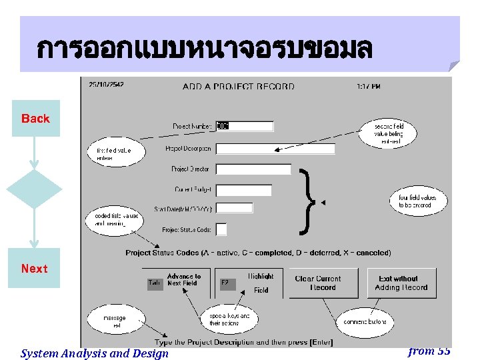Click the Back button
pyautogui.click(x=35, y=119)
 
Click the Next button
pyautogui.click(x=34, y=268)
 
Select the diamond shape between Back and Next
pyautogui.click(x=34, y=189)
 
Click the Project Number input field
pyautogui.click(x=244, y=126)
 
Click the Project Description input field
pyautogui.click(x=275, y=149)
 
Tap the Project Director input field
pyautogui.click(x=253, y=169)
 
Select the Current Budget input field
pyautogui.click(x=244, y=191)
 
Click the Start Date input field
pyautogui.click(x=235, y=209)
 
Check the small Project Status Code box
pyautogui.click(x=221, y=229)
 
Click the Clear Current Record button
pyautogui.click(x=317, y=283)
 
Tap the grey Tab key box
pyautogui.click(x=155, y=284)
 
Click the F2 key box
pyautogui.click(x=228, y=284)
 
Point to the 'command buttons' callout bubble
pyautogui.click(x=365, y=322)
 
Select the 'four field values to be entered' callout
pyautogui.click(x=417, y=201)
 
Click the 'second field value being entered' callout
pyautogui.click(x=389, y=134)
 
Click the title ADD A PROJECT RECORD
pyautogui.click(x=238, y=86)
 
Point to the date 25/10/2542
pyautogui.click(x=106, y=85)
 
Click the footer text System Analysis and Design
pyautogui.click(x=95, y=353)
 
